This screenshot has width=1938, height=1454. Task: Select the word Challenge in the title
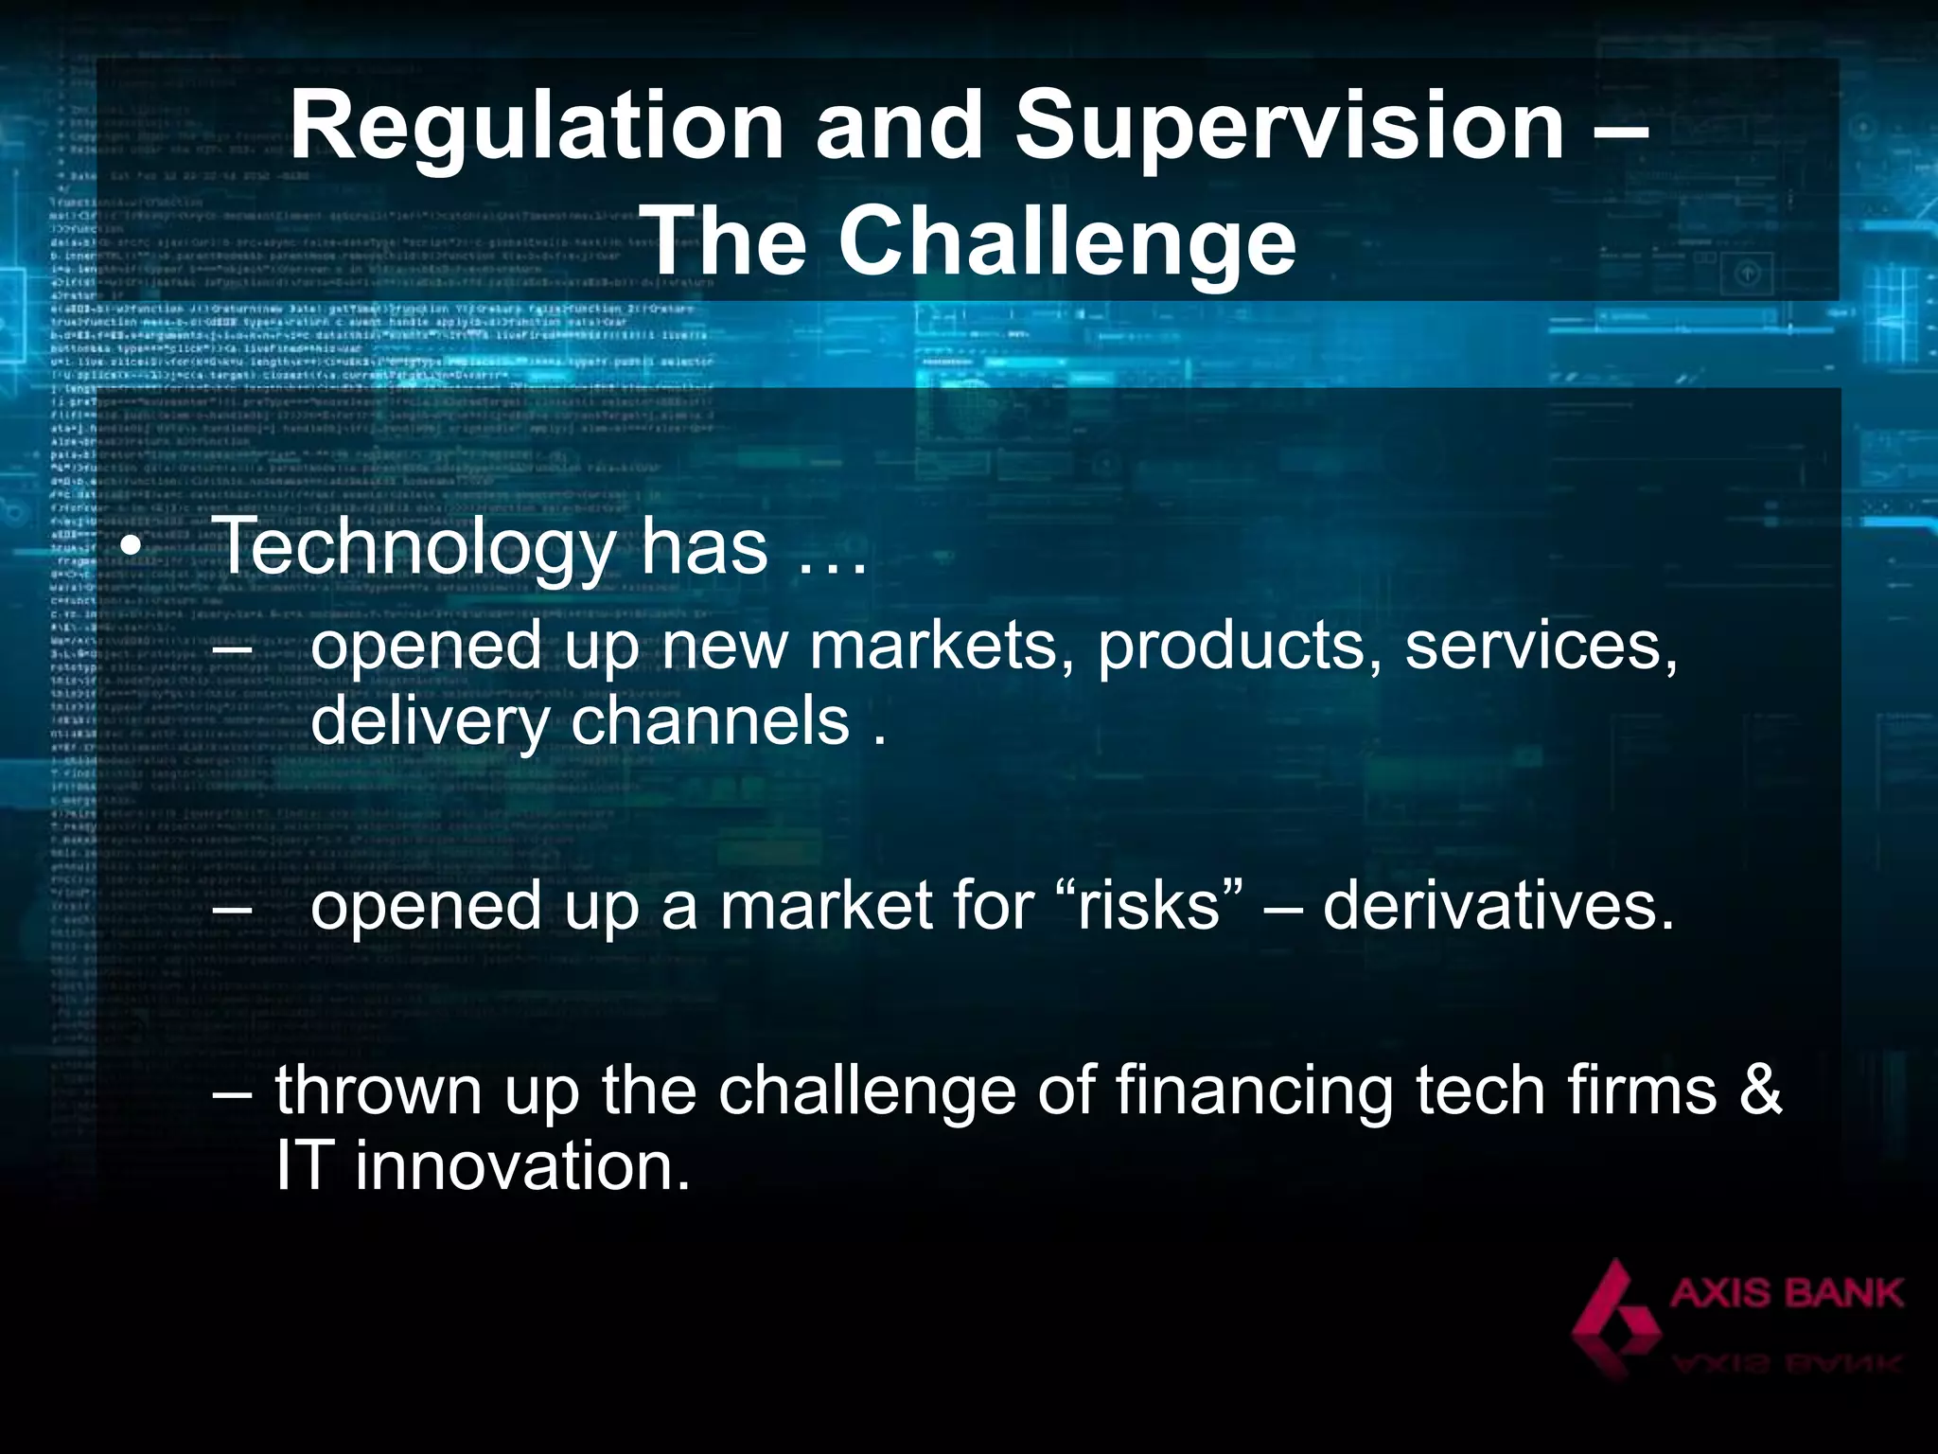pos(1066,242)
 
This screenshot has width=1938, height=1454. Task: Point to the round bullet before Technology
pos(132,551)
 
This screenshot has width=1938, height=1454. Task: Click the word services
pos(1541,647)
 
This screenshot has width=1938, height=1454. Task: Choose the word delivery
pos(430,723)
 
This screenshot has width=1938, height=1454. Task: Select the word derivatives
pos(1498,906)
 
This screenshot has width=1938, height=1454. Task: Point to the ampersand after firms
pos(1760,1090)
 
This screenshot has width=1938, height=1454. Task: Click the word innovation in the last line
pos(522,1166)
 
